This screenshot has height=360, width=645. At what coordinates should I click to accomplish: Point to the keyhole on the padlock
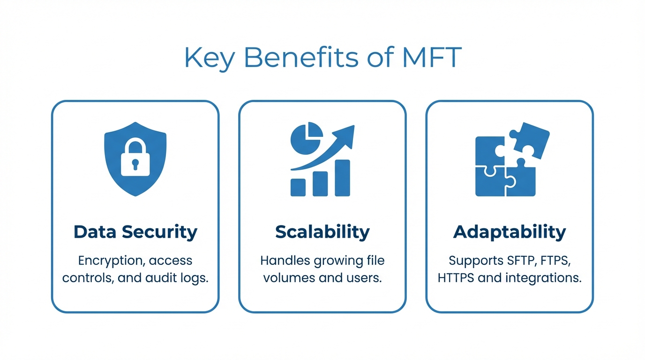pyautogui.click(x=135, y=164)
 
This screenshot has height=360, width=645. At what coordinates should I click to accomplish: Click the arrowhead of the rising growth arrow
pyautogui.click(x=347, y=133)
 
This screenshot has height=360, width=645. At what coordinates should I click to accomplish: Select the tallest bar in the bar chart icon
pyautogui.click(x=342, y=178)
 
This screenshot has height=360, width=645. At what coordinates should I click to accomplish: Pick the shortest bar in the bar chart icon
pyautogui.click(x=298, y=187)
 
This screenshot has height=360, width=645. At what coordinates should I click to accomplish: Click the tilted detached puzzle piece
pyautogui.click(x=529, y=140)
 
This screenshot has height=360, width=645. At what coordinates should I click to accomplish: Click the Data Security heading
pyautogui.click(x=135, y=232)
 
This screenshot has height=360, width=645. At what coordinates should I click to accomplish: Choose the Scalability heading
pyautogui.click(x=322, y=232)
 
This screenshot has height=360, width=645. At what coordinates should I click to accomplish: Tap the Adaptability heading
pyautogui.click(x=510, y=232)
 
